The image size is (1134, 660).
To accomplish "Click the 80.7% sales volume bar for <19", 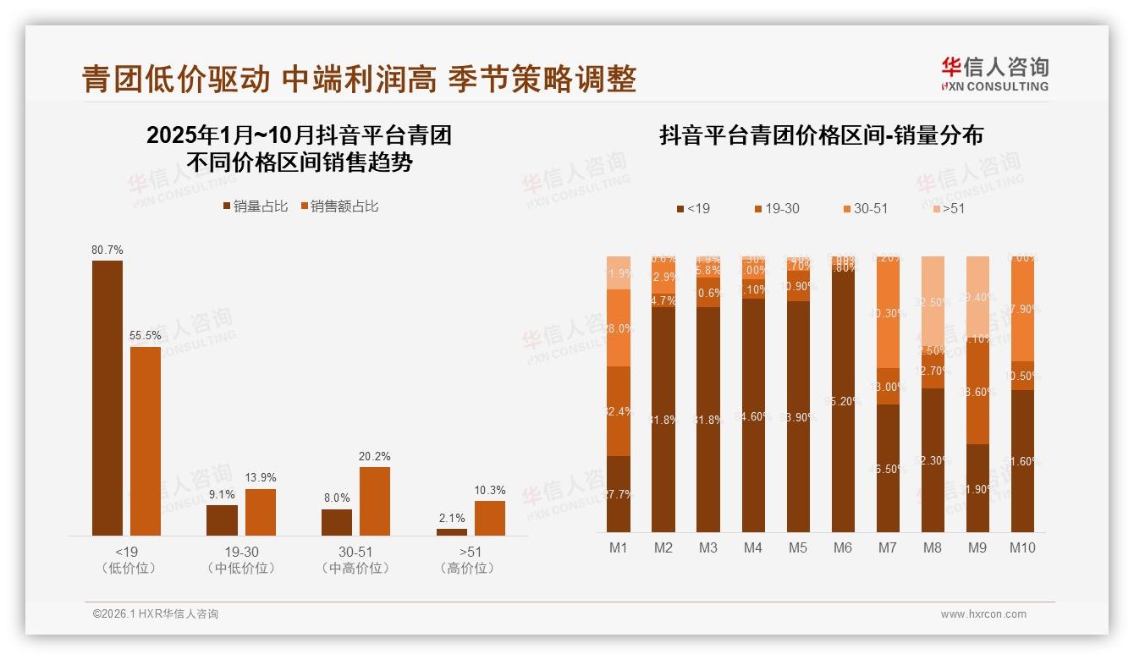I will [107, 398].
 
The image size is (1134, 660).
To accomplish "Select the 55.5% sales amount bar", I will [145, 441].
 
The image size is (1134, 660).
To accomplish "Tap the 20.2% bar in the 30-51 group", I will [374, 501].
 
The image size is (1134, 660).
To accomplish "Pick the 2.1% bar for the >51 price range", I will [452, 531].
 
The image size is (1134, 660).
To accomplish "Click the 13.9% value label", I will [260, 478].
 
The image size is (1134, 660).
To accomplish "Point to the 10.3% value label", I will [489, 490].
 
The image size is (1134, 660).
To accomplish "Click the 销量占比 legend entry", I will [256, 206].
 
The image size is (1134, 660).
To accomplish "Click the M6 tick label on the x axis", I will [842, 548].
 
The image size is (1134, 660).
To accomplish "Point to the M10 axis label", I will [1021, 548].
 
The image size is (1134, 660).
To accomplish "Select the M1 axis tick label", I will [619, 548].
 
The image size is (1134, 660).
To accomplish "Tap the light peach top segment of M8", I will [933, 300].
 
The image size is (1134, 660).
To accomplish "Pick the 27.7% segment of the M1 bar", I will [619, 493].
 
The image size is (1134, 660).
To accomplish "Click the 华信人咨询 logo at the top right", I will [994, 74].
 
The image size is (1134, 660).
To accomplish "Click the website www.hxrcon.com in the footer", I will [983, 614].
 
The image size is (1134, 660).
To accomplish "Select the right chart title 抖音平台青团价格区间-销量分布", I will [821, 135].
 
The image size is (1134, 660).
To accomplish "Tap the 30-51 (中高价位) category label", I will [355, 560].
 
